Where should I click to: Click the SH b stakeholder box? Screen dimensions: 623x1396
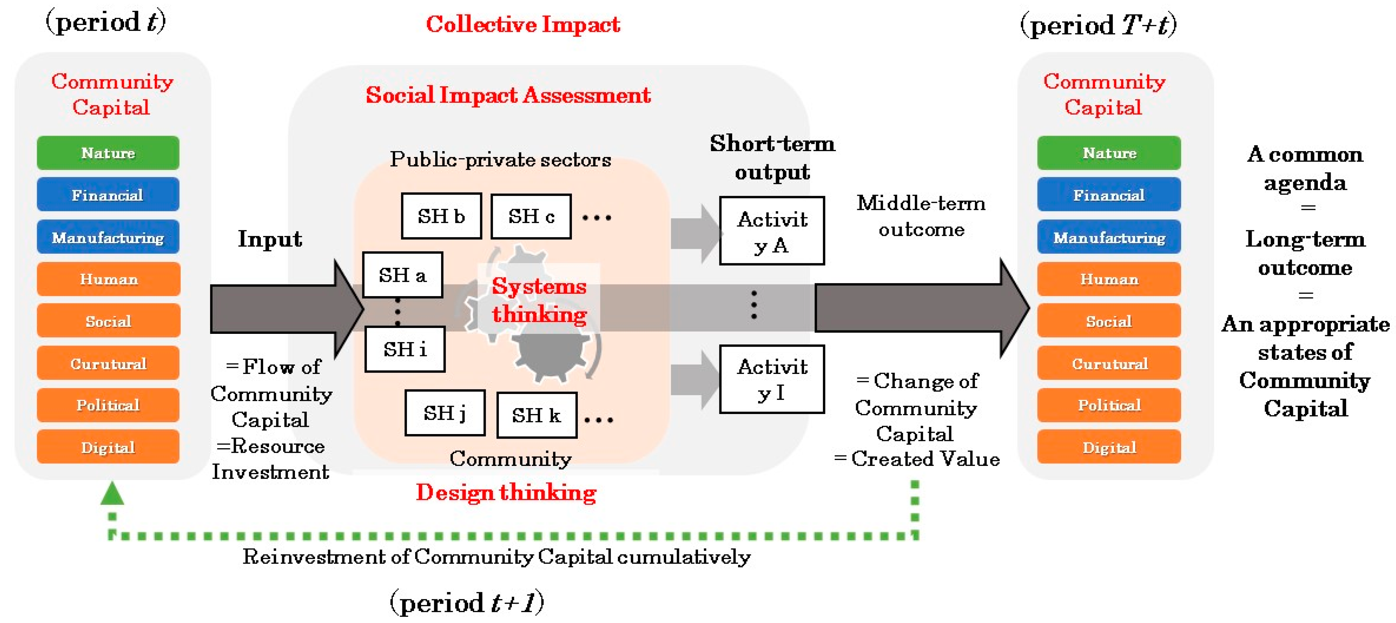(441, 216)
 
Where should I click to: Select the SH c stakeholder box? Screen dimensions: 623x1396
(531, 216)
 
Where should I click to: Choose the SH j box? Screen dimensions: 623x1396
(444, 413)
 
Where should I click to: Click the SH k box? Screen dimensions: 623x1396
(536, 415)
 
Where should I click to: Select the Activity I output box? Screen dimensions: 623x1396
(772, 379)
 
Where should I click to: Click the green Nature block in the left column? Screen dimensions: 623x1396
(108, 153)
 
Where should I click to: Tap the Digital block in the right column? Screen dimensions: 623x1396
(1109, 447)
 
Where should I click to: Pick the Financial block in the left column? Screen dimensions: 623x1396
(108, 195)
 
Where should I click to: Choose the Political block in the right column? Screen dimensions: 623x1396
(1109, 405)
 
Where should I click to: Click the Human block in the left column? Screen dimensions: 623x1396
(108, 279)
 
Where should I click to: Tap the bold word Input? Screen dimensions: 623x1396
(270, 239)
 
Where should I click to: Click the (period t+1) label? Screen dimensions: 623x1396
(467, 602)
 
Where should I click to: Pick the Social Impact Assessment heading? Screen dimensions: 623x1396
(508, 95)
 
